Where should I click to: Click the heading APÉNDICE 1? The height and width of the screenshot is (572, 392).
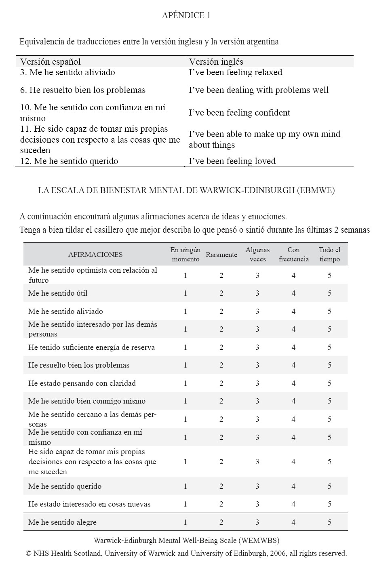click(x=186, y=15)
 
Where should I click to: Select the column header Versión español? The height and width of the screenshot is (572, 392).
click(x=51, y=62)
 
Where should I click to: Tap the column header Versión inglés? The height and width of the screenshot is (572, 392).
click(x=216, y=62)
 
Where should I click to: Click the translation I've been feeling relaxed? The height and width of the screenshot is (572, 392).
click(x=235, y=72)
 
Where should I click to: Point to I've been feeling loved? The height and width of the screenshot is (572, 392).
click(x=232, y=161)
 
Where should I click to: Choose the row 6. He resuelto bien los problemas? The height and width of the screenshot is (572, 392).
click(x=83, y=90)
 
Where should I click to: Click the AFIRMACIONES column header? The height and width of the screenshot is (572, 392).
click(x=95, y=254)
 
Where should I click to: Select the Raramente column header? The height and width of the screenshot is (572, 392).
click(x=221, y=254)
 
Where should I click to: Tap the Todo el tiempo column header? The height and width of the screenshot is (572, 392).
click(x=329, y=254)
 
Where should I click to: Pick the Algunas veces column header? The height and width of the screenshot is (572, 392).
click(x=257, y=254)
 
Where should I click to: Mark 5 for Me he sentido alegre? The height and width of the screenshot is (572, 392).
click(x=329, y=522)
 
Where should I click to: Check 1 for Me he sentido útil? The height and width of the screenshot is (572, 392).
click(x=185, y=293)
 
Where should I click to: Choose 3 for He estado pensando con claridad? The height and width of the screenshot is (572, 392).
click(x=257, y=383)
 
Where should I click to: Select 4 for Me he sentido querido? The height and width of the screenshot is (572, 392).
click(x=293, y=486)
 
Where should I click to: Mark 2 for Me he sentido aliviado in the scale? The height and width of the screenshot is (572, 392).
click(x=221, y=311)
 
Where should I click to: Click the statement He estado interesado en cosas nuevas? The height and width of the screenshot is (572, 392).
click(x=89, y=504)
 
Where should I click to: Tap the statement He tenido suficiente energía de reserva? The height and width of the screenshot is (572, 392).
click(x=91, y=347)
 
